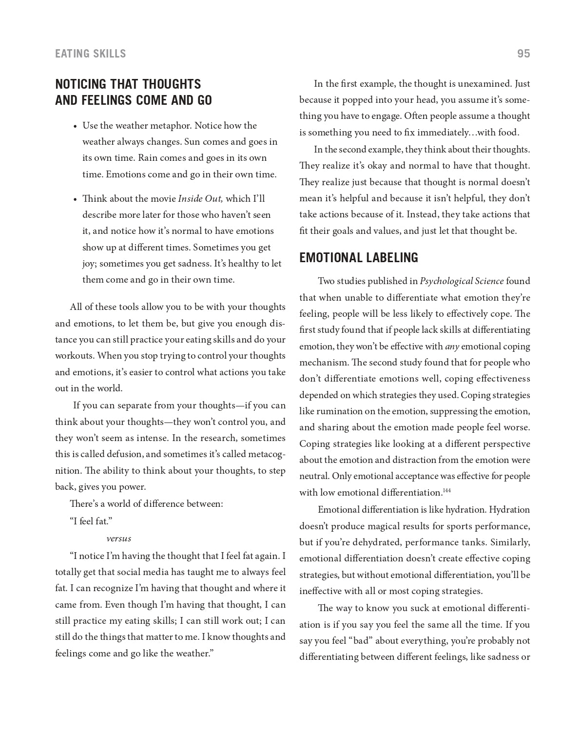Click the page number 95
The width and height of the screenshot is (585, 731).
(523, 54)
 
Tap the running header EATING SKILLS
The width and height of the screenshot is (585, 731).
(91, 54)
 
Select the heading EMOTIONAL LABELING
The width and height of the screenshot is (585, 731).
(358, 258)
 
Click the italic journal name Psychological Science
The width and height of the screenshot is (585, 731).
(461, 281)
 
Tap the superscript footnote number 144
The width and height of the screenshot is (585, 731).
(447, 490)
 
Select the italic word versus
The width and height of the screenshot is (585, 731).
(118, 539)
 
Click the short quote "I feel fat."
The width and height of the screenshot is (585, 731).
(91, 521)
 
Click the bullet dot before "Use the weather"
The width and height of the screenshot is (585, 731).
(75, 127)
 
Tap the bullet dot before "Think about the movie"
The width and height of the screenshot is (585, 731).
(75, 199)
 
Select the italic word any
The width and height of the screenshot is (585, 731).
(451, 346)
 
